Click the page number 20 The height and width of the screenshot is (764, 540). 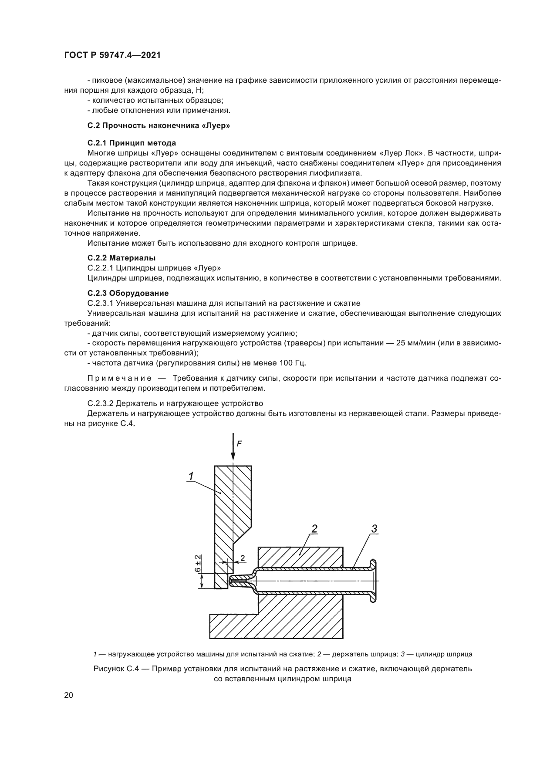(69, 695)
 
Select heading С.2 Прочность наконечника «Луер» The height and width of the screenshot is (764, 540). (159, 126)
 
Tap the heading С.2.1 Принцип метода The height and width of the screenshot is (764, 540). (132, 143)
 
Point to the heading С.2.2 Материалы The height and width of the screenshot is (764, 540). (121, 258)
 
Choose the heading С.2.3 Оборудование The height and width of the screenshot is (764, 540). (128, 293)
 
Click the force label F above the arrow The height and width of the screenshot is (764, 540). (239, 444)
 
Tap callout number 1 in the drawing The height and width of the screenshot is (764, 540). (191, 476)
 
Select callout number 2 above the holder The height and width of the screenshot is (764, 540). (314, 528)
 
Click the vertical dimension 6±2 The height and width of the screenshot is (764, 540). (198, 563)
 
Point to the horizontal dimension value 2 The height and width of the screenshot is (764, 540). (243, 558)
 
